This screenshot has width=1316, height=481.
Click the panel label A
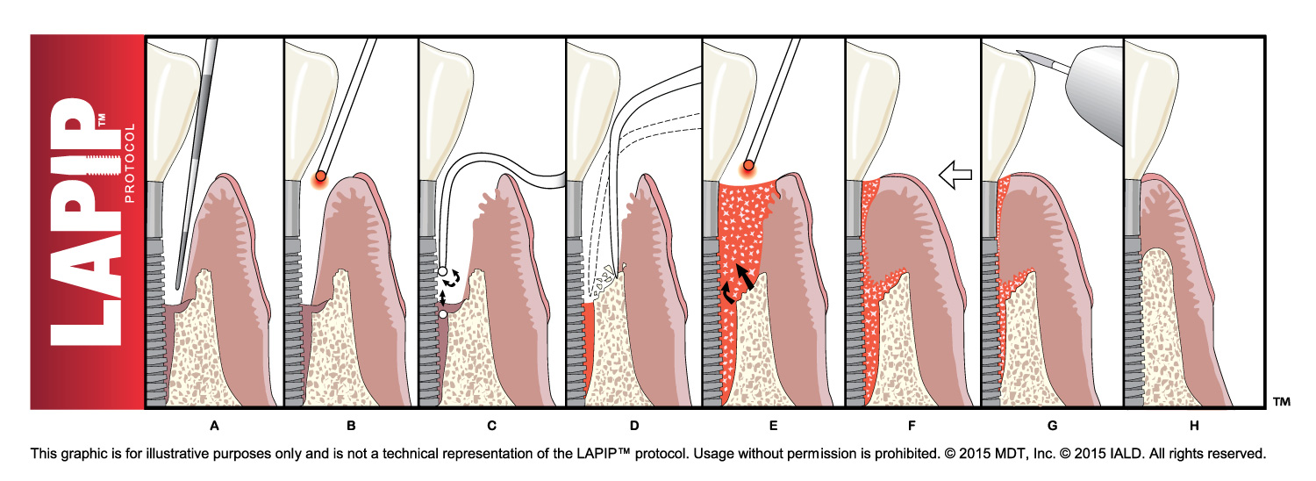point(213,427)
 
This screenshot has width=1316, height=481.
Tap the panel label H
point(1193,427)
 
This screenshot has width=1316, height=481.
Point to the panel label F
point(912,427)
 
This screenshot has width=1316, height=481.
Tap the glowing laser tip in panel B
point(321,176)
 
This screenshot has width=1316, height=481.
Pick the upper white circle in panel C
point(443,273)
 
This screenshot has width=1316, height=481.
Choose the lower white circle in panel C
point(443,313)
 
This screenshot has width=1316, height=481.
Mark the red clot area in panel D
point(590,351)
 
